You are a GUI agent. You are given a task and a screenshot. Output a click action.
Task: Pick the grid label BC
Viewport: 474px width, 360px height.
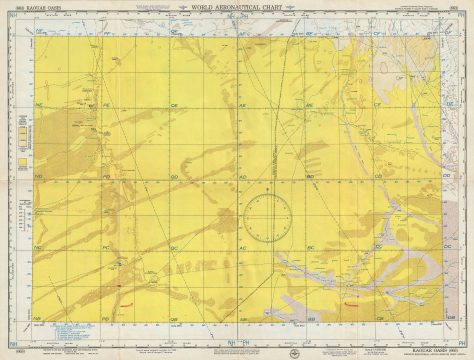[310, 246]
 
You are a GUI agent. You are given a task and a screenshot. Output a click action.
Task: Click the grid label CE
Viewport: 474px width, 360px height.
[377, 104]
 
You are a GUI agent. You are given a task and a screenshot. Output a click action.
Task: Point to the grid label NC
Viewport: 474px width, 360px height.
[38, 246]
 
